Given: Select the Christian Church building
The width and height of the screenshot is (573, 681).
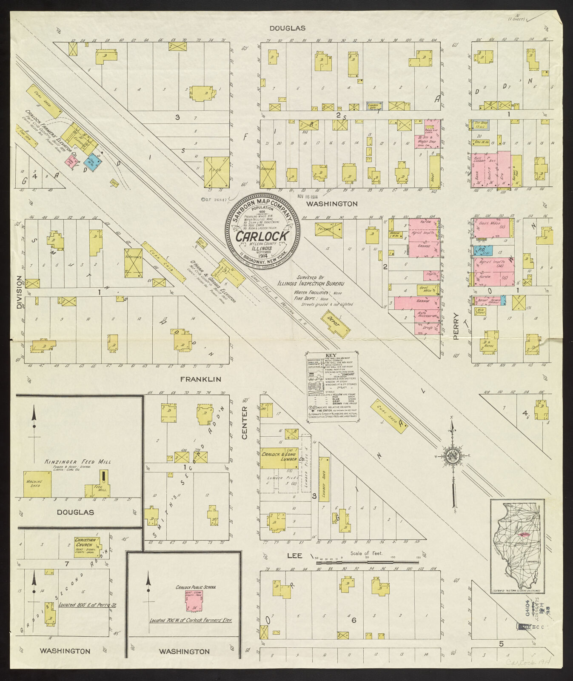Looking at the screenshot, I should click(x=86, y=547).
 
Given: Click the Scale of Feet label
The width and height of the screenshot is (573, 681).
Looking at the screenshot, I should click(x=366, y=553).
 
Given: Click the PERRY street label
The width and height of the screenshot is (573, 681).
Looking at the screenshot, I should click(x=456, y=326).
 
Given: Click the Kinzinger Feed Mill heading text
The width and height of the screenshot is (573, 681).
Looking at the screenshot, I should click(x=78, y=461).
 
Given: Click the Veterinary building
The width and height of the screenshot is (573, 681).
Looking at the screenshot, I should click(x=133, y=263).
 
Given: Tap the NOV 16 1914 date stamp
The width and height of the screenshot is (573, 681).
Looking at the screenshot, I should click(x=308, y=196).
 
